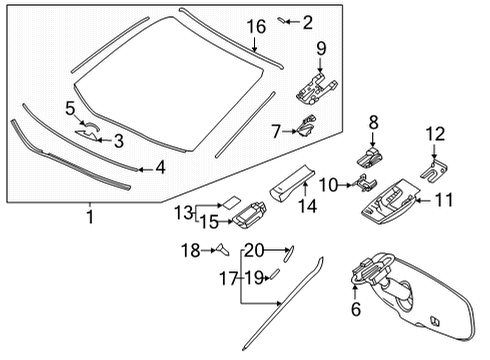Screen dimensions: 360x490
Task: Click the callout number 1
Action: tap(89, 215)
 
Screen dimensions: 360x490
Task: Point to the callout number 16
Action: tap(257, 26)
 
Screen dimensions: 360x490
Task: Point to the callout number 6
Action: tap(356, 310)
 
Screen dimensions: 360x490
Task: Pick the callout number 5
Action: tap(70, 107)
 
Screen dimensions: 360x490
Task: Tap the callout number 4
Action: tap(159, 168)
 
